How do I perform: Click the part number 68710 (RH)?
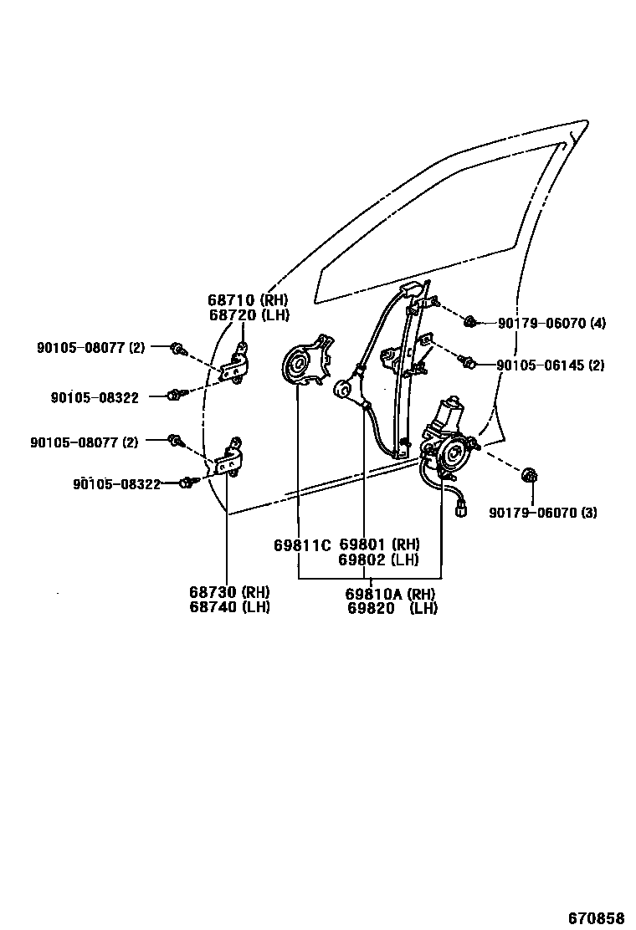click(x=247, y=299)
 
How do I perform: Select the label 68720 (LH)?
click(x=247, y=314)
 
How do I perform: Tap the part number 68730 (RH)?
click(x=228, y=592)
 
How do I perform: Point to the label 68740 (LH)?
click(x=228, y=607)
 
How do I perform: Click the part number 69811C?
click(x=302, y=545)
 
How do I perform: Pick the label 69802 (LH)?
click(x=379, y=560)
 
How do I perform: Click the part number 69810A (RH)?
click(x=391, y=594)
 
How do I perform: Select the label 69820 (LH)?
click(x=391, y=608)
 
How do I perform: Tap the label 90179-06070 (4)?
click(x=551, y=323)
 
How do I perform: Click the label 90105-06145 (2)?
click(x=550, y=365)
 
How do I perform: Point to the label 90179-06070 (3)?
click(x=543, y=512)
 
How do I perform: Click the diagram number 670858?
click(x=597, y=917)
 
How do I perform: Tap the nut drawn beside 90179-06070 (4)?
click(x=471, y=320)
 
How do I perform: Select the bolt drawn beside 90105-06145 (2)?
click(x=467, y=361)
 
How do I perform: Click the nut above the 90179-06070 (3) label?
click(x=528, y=476)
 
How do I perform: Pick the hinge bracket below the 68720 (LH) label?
click(x=234, y=366)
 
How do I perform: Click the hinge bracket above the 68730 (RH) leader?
click(x=229, y=458)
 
